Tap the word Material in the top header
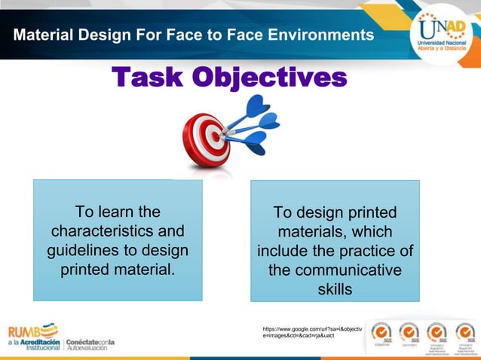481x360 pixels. click(x=44, y=35)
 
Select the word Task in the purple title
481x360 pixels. click(x=147, y=77)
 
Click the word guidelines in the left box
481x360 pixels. click(x=97, y=249)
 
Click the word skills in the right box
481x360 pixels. click(x=335, y=289)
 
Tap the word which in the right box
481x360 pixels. click(x=372, y=231)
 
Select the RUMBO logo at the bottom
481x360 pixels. click(x=33, y=330)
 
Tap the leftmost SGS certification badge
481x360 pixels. click(x=381, y=335)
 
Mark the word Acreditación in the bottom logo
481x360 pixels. click(x=39, y=341)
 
